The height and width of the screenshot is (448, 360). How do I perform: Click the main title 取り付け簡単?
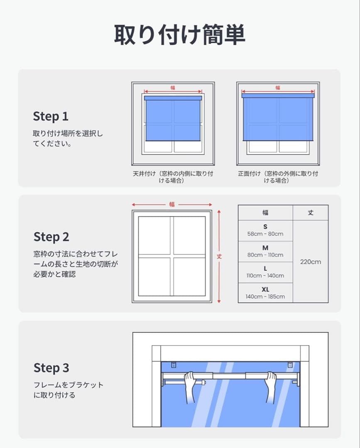click(179, 34)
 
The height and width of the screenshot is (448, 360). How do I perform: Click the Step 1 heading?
click(51, 117)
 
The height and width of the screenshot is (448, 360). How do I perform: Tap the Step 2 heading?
click(51, 237)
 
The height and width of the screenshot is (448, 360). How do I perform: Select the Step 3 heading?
click(51, 368)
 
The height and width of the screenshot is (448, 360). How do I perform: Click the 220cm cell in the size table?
click(311, 262)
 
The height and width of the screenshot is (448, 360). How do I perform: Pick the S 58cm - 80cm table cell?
click(265, 230)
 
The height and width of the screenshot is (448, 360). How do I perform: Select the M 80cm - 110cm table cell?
click(265, 251)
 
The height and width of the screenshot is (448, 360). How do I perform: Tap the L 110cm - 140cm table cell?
click(265, 272)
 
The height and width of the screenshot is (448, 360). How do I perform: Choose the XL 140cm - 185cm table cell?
click(265, 293)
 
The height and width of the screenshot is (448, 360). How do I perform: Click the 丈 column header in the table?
click(311, 212)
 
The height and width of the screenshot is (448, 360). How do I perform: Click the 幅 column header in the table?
click(265, 212)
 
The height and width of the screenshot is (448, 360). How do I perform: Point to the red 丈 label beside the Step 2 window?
click(219, 256)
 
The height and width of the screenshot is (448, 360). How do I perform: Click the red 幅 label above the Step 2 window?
click(172, 204)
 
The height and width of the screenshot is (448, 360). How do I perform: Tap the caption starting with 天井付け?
click(173, 177)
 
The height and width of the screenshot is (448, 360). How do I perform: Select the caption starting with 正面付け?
click(278, 177)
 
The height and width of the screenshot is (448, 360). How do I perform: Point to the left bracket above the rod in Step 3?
click(173, 365)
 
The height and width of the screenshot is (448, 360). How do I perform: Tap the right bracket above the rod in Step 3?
click(290, 365)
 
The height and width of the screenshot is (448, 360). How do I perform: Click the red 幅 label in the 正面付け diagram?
click(278, 88)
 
